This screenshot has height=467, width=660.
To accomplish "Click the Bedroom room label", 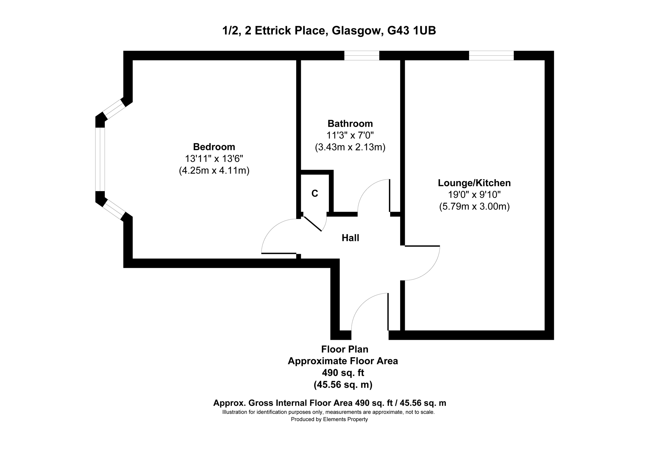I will (214, 147).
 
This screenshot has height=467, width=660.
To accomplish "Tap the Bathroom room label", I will (350, 123).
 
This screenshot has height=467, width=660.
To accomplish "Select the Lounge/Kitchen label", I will (474, 183).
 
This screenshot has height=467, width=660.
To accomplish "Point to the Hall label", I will (350, 238).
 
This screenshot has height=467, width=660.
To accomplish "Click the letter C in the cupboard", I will (315, 194).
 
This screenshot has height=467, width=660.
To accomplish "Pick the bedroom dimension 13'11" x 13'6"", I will (214, 159).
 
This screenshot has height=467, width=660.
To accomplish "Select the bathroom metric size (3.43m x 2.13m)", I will (350, 147).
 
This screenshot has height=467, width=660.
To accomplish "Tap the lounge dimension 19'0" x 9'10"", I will (474, 195).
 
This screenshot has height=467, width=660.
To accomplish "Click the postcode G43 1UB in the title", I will (411, 31).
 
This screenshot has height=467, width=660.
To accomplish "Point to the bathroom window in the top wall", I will (362, 56).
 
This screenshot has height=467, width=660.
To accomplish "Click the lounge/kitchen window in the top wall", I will (491, 56).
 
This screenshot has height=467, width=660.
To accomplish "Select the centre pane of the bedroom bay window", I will (100, 159).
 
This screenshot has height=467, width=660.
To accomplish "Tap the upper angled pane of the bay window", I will (114, 109).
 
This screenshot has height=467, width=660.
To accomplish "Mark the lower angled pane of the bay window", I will (114, 209).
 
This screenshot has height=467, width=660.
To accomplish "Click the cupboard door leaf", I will (312, 224).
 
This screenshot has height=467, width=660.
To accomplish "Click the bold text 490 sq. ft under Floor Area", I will (343, 373).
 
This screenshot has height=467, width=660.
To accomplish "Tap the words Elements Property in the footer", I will (345, 419).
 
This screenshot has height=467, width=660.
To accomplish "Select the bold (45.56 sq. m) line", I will (343, 385).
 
